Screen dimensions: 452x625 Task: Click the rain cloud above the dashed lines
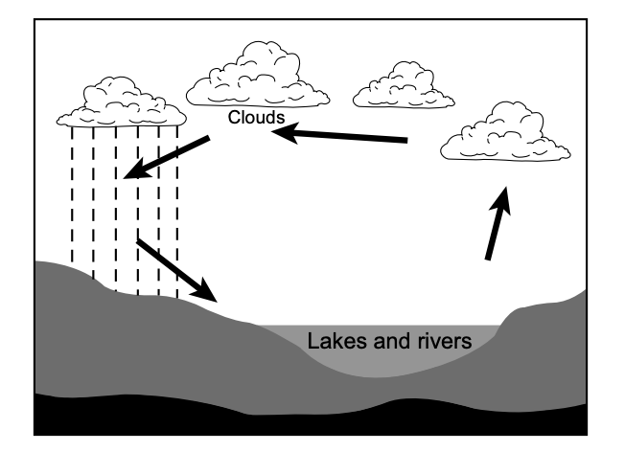click(x=122, y=104)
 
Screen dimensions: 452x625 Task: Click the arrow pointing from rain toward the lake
click(x=177, y=269)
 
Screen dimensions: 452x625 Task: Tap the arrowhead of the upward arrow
click(x=501, y=198)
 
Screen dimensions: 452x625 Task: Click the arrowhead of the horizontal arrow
click(x=285, y=133)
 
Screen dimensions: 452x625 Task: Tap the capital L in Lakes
click(x=312, y=341)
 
